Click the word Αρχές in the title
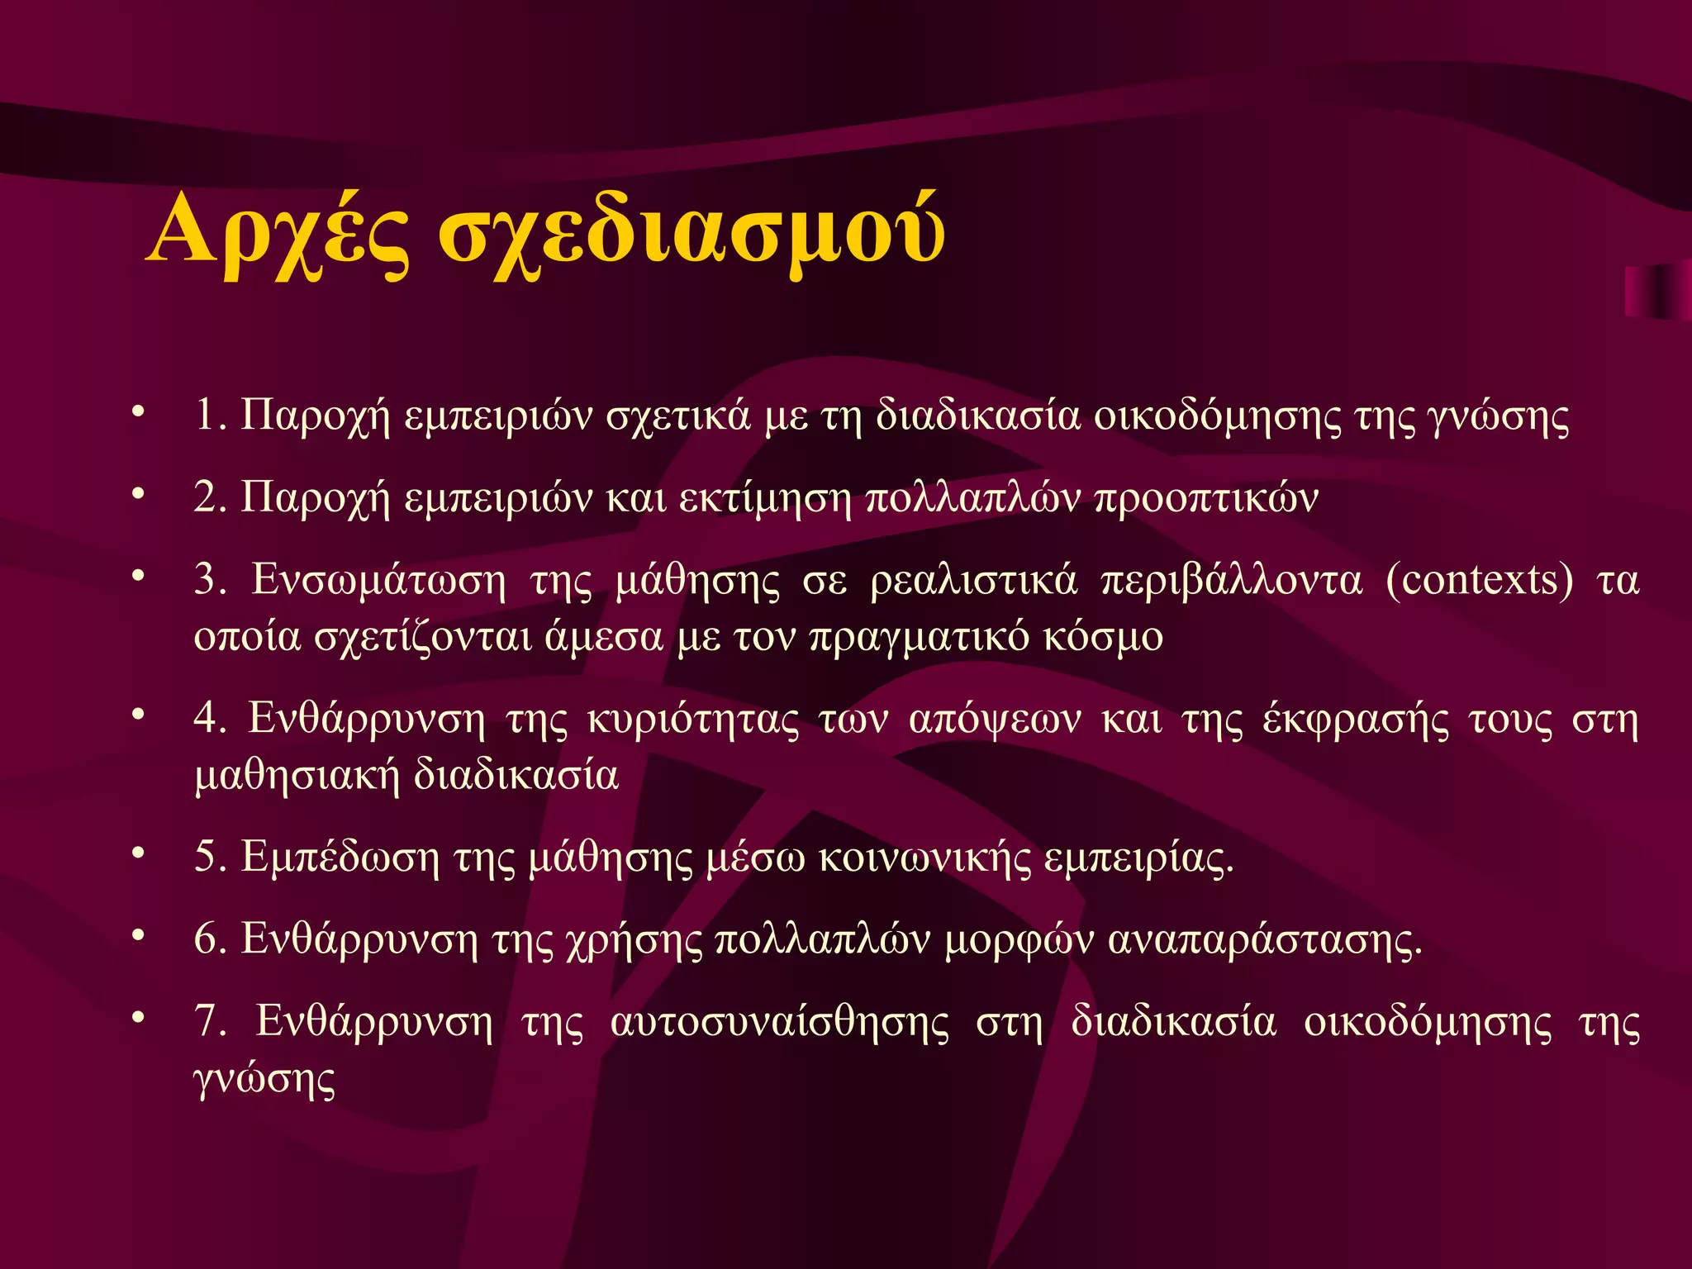278,232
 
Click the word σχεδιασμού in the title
691,232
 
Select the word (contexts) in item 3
1479,580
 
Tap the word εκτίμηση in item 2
764,498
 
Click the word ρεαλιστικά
974,580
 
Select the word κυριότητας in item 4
693,720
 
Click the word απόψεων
994,720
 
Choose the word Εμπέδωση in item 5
340,857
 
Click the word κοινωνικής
924,858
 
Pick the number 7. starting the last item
211,1021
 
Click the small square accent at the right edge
1656,291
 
